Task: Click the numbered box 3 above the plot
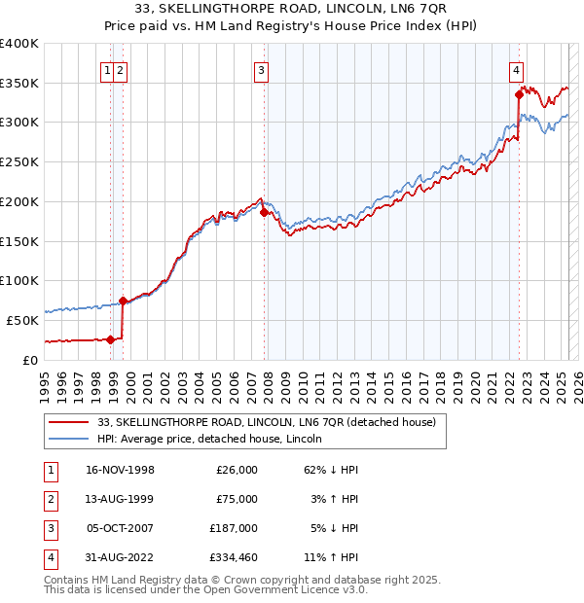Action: click(262, 69)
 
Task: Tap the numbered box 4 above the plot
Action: click(516, 69)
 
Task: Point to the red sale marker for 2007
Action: click(264, 211)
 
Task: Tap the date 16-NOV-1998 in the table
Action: click(120, 470)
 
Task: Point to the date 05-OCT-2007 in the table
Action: click(120, 528)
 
